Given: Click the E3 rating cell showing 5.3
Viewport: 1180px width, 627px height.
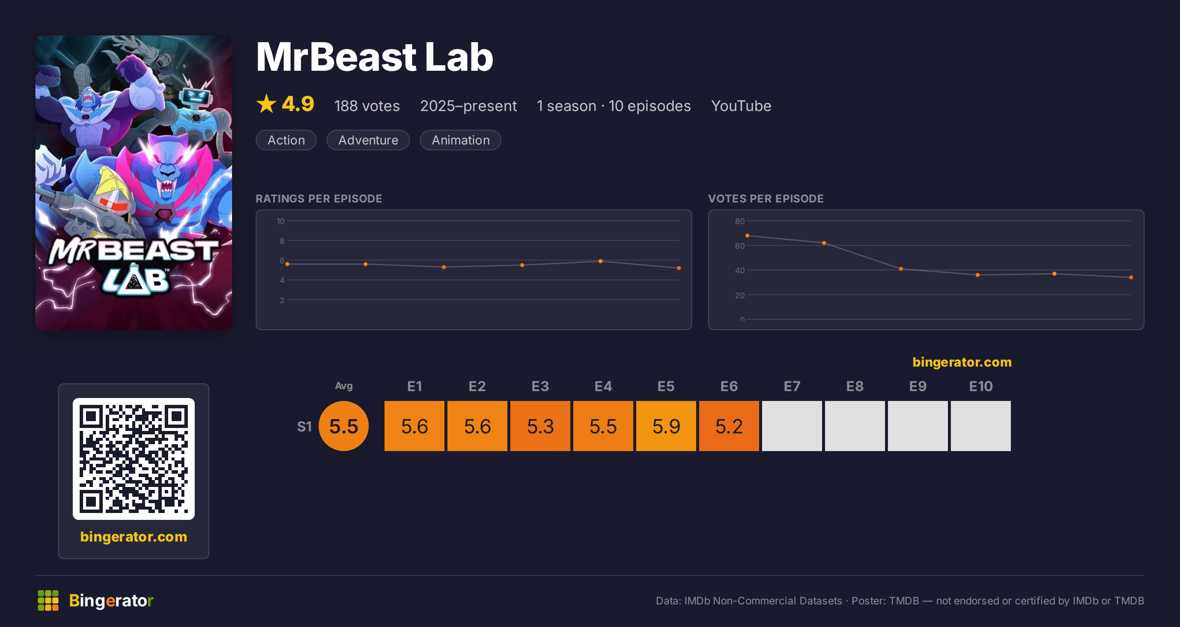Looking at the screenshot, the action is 540,426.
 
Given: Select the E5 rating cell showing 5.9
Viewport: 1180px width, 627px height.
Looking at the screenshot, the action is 666,426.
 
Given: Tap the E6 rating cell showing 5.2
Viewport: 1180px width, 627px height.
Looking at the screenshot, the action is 729,426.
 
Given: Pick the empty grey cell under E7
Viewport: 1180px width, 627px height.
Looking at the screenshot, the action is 792,426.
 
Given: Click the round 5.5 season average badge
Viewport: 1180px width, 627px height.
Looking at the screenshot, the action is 344,426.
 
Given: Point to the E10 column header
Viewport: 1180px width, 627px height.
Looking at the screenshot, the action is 981,387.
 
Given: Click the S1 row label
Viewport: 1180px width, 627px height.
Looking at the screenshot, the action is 304,427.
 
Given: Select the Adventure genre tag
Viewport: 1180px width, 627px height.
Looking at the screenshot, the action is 368,140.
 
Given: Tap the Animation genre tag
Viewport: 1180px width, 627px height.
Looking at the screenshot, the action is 461,140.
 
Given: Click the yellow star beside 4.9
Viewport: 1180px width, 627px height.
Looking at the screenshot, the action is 266,104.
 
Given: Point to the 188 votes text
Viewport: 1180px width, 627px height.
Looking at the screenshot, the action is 367,106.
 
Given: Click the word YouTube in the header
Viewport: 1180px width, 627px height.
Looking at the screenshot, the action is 741,106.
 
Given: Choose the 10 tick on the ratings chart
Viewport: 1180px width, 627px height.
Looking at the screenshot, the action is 281,221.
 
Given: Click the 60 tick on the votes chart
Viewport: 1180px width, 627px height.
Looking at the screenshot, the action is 739,246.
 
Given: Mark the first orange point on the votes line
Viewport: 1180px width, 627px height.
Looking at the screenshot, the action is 747,236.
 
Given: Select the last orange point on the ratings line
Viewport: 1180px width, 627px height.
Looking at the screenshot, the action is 679,268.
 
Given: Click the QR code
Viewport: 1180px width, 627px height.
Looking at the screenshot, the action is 134,459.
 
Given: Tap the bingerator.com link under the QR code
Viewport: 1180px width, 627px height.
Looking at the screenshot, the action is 134,537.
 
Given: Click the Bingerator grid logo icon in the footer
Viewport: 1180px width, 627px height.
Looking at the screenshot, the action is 48,600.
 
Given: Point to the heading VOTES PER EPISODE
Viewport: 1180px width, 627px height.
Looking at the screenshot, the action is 766,199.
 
